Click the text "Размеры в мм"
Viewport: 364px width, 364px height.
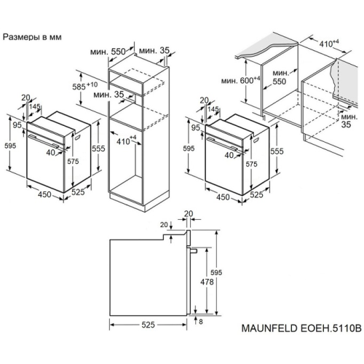point(32,37)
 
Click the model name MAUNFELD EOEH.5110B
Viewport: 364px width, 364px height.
point(301,328)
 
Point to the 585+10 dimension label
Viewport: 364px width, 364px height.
point(85,86)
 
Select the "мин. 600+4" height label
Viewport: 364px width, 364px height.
point(241,80)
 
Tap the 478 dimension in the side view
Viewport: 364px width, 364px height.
point(207,282)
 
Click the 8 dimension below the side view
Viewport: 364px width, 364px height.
point(201,322)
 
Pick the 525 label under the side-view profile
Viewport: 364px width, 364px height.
point(148,325)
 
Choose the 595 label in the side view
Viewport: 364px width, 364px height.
point(216,273)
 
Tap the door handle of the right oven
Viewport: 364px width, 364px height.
point(222,143)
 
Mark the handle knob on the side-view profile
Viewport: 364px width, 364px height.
point(194,250)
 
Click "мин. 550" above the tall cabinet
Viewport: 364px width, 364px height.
point(108,52)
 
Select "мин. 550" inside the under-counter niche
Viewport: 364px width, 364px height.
point(280,77)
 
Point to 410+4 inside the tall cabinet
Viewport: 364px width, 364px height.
point(127,141)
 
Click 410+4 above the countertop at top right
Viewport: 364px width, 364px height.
point(329,44)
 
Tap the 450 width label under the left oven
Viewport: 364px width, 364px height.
point(44,194)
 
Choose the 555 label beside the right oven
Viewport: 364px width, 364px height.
point(277,151)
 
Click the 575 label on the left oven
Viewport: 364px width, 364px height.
point(73,161)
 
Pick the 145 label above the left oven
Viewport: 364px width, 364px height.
point(35,106)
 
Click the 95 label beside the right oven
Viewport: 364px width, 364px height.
point(195,127)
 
